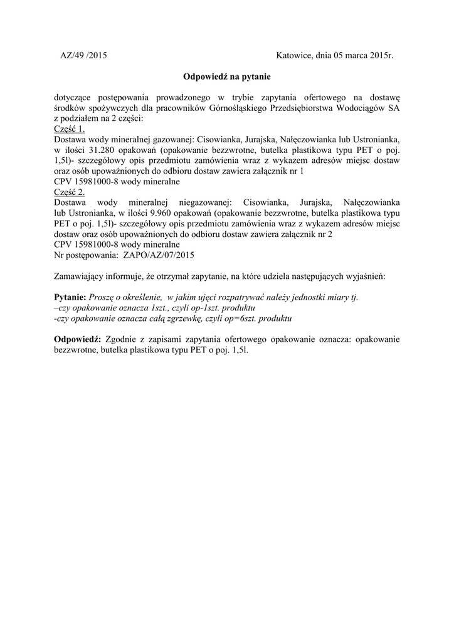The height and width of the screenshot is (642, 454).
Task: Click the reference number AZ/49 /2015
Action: [83, 56]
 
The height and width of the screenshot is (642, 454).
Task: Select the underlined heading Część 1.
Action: [69, 128]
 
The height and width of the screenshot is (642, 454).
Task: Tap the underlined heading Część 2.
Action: [69, 192]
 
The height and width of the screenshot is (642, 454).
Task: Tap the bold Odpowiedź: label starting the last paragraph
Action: [78, 339]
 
